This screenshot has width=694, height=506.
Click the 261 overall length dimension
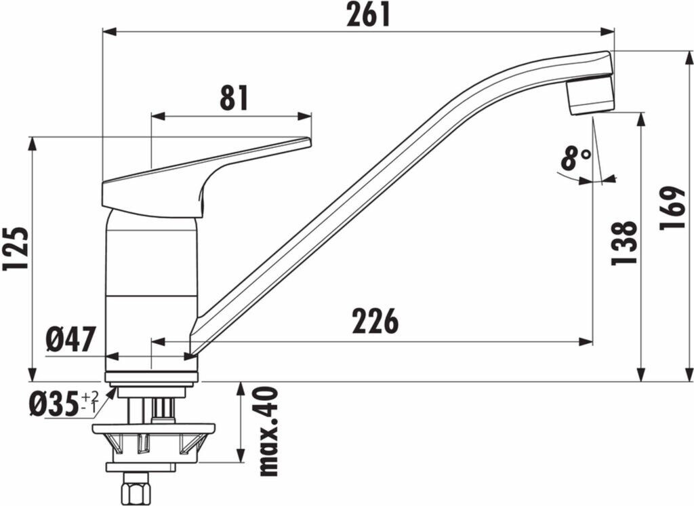click(368, 16)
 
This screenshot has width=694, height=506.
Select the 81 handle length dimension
click(234, 98)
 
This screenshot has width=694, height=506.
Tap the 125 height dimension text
click(16, 249)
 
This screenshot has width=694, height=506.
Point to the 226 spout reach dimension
click(375, 321)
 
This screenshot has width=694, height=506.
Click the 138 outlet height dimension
click(624, 243)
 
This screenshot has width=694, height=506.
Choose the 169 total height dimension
click(672, 208)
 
